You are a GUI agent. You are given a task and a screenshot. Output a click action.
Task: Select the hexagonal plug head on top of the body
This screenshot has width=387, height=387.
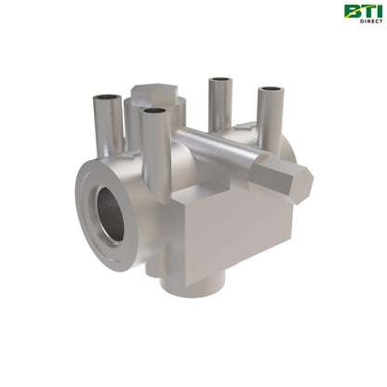[x=153, y=93]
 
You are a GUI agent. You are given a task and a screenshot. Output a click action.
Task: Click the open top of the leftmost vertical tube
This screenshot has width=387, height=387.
[x=104, y=97]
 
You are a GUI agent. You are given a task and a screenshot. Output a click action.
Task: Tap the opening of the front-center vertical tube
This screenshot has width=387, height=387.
[x=154, y=113]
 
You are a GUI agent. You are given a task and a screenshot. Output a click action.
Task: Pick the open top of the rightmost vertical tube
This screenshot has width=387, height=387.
[x=272, y=90]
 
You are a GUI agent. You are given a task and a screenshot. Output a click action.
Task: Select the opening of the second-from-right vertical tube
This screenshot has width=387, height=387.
[x=220, y=81]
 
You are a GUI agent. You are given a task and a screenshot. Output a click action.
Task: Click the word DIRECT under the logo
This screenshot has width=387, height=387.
[x=369, y=21]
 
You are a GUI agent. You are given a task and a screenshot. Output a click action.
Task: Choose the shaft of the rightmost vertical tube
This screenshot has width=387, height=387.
[x=271, y=116]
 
